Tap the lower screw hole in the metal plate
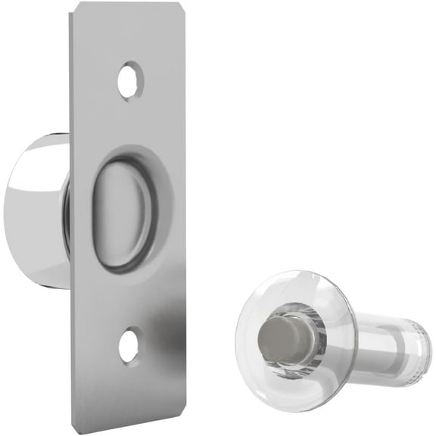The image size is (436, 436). point(129,345)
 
